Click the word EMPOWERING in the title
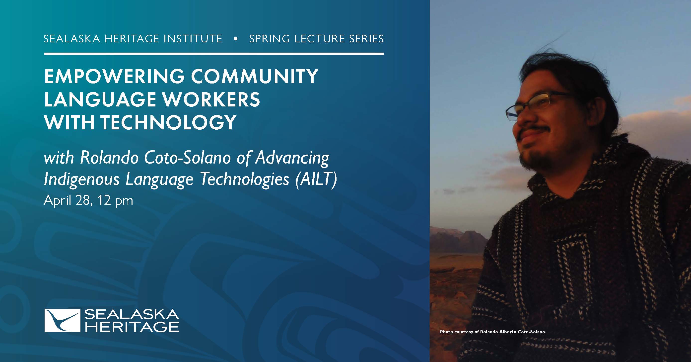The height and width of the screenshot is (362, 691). (x=115, y=77)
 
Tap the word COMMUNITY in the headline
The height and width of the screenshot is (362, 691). (x=255, y=77)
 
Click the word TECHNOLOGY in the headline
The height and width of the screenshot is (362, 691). (x=168, y=122)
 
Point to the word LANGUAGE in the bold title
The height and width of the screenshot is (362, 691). (x=101, y=100)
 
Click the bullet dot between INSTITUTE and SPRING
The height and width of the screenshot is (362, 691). (x=236, y=39)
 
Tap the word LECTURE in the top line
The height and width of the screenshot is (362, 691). (x=319, y=39)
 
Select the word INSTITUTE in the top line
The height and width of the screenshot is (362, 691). (x=193, y=39)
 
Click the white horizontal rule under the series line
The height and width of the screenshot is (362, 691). (x=214, y=54)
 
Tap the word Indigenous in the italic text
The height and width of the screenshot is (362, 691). (x=81, y=180)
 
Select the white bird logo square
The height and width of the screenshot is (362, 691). (x=62, y=320)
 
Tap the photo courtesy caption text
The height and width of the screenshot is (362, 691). (x=493, y=332)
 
